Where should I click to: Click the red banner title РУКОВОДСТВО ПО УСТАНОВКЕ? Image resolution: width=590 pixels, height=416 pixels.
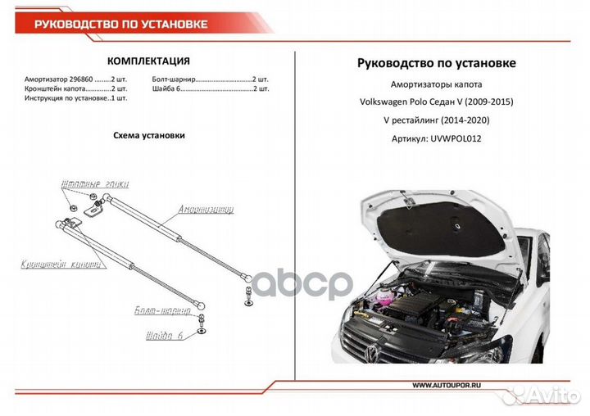tap(120, 24)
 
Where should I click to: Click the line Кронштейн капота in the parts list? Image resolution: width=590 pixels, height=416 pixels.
tap(65, 88)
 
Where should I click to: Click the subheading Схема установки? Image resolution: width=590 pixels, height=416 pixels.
tap(148, 135)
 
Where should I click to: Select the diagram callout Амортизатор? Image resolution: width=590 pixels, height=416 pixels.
tap(206, 210)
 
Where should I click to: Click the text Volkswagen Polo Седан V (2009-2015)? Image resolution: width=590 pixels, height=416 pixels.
tap(437, 102)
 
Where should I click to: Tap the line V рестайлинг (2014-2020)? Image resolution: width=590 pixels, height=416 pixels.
tap(437, 120)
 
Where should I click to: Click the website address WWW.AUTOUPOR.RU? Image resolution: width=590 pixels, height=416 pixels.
tap(447, 385)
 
